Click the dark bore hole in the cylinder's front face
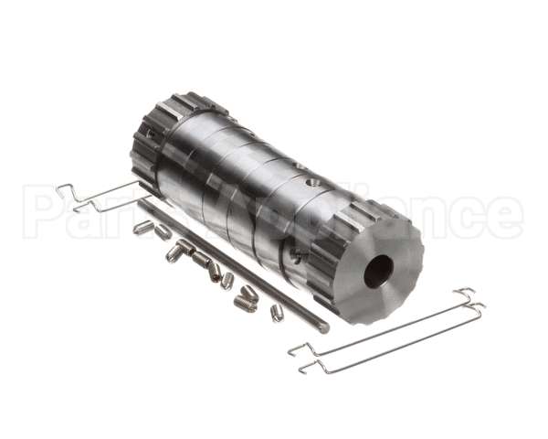point(377,269)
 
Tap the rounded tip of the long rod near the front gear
point(324,328)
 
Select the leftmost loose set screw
point(142,227)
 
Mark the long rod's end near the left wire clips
point(143,203)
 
